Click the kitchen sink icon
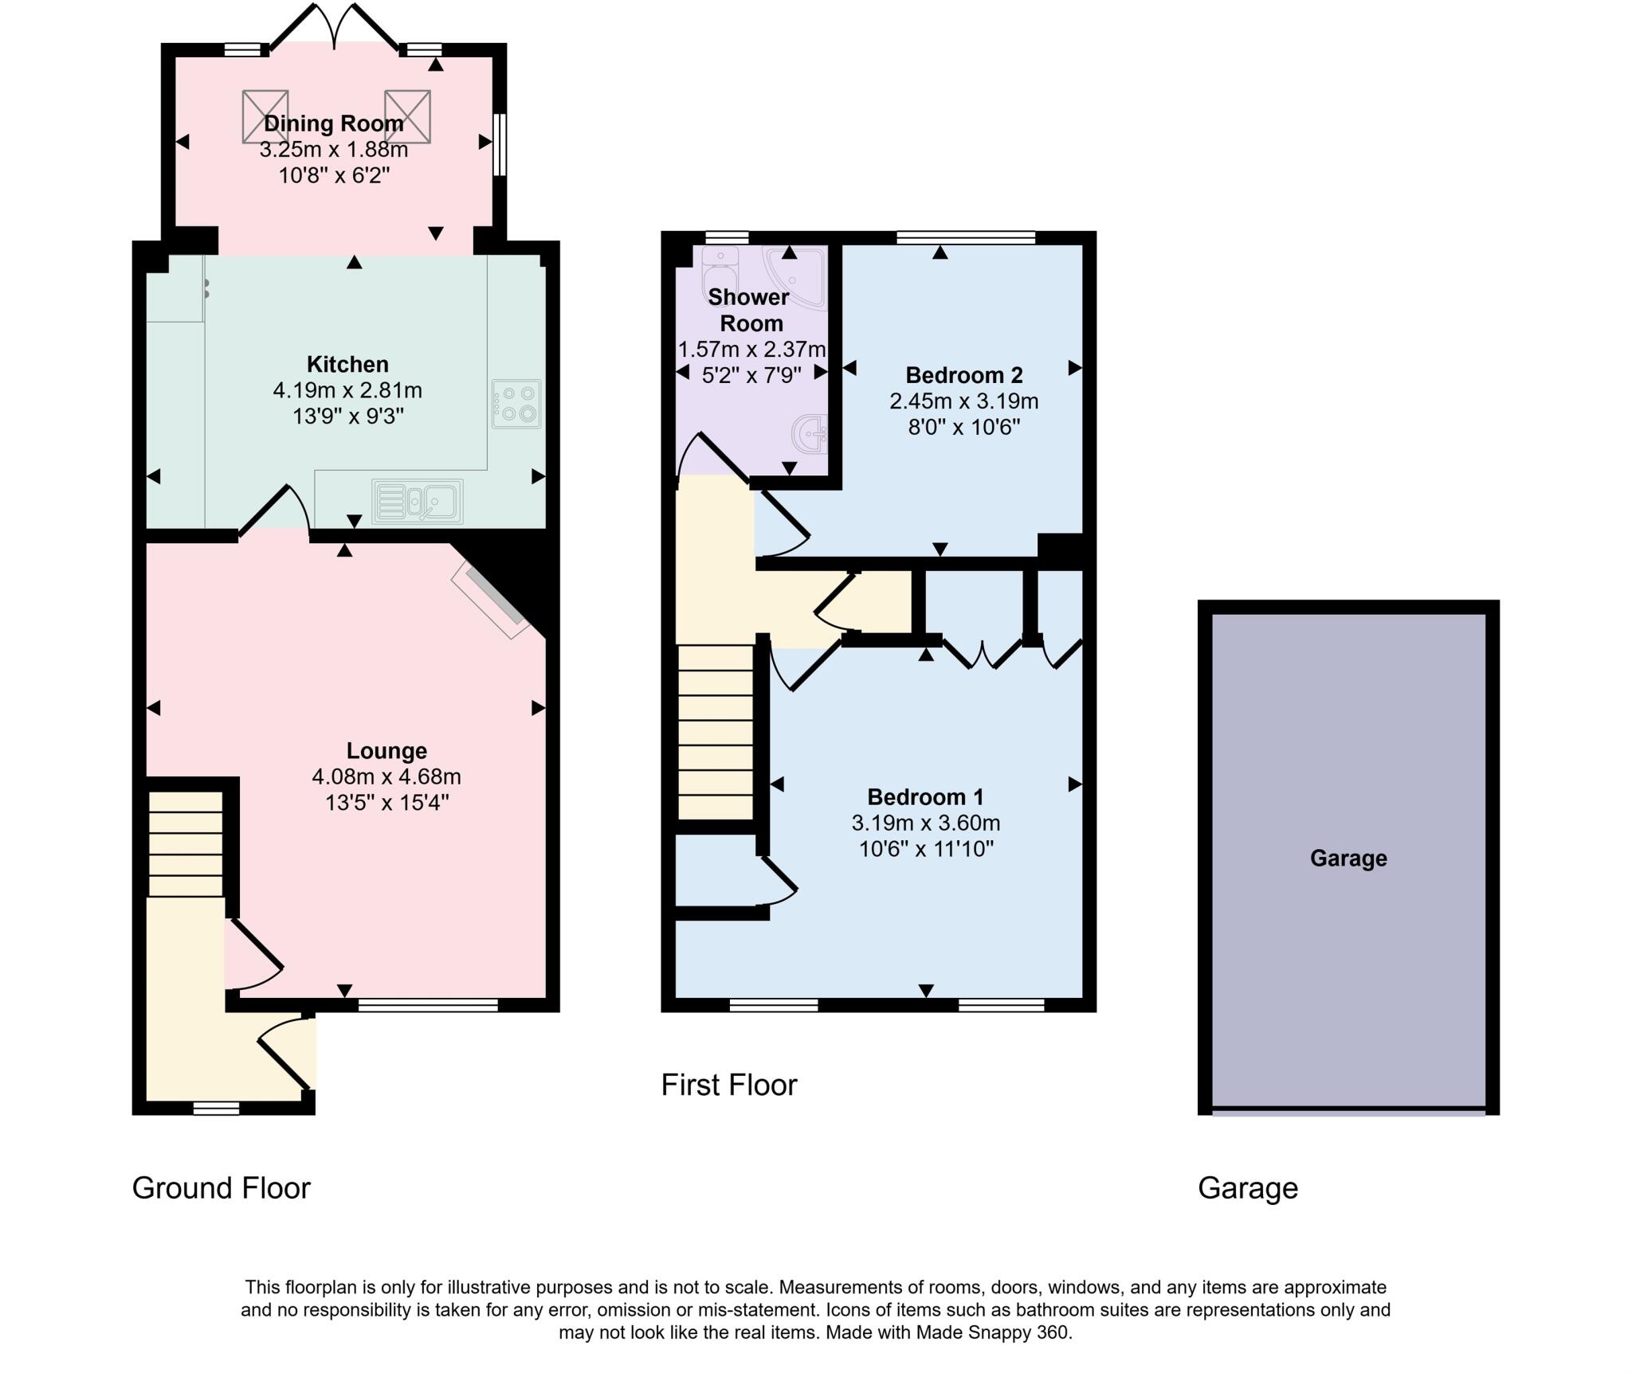417,501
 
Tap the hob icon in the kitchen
516,404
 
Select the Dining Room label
333,123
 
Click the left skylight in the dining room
265,116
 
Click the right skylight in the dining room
407,116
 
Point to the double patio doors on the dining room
335,28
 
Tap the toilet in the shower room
720,271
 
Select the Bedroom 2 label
963,374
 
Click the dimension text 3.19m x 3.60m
925,823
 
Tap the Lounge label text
386,750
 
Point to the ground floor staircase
186,844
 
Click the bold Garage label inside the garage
1348,858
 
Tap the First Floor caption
728,1085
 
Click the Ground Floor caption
221,1187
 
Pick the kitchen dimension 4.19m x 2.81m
347,390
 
